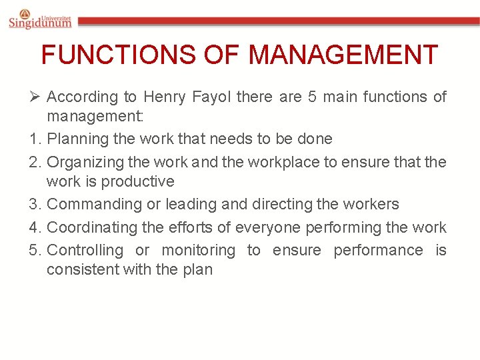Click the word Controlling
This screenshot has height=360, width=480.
coord(85,250)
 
